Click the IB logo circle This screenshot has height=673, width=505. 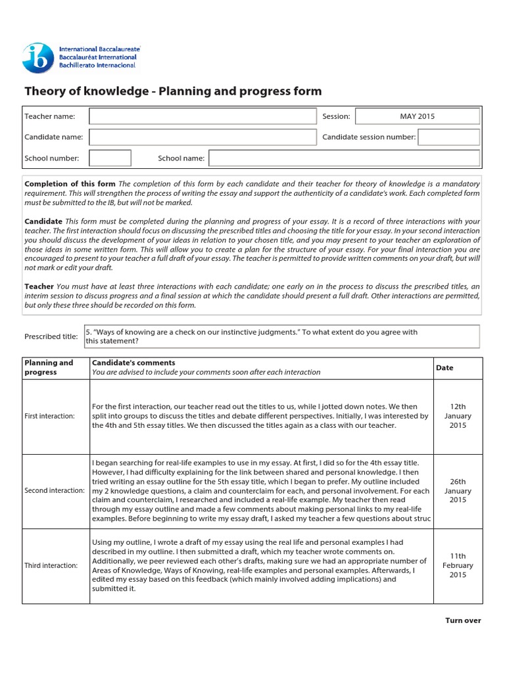pyautogui.click(x=38, y=58)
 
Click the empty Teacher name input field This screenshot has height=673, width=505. pyautogui.click(x=203, y=116)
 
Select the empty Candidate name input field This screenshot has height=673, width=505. pyautogui.click(x=203, y=137)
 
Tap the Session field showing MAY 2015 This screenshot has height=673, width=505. pyautogui.click(x=417, y=116)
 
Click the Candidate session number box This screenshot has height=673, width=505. pyautogui.click(x=448, y=137)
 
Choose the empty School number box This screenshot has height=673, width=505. pyautogui.click(x=110, y=158)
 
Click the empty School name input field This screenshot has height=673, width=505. pyautogui.click(x=344, y=158)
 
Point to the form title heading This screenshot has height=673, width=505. pyautogui.click(x=173, y=91)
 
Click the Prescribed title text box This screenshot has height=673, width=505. pyautogui.click(x=282, y=336)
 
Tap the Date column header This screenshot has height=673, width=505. pyautogui.click(x=445, y=368)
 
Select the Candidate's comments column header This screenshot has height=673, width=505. pyautogui.click(x=133, y=363)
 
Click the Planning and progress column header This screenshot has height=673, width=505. pyautogui.click(x=49, y=367)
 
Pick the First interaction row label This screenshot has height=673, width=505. pyautogui.click(x=49, y=416)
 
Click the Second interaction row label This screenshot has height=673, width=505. pyautogui.click(x=55, y=491)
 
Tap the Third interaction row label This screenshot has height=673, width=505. pyautogui.click(x=51, y=566)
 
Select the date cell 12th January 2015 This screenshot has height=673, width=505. pyautogui.click(x=458, y=417)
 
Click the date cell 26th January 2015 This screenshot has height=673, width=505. pyautogui.click(x=458, y=491)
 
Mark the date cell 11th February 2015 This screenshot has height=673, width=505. pyautogui.click(x=458, y=566)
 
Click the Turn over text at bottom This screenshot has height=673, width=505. pyautogui.click(x=463, y=620)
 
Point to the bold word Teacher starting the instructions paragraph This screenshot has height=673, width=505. pyautogui.click(x=39, y=287)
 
